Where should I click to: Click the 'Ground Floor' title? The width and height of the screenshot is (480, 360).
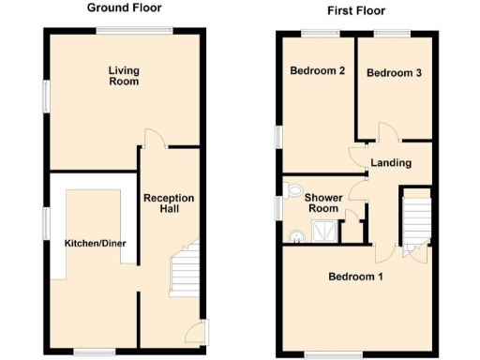[x=124, y=7]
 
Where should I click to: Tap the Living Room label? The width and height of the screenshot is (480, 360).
[x=123, y=76]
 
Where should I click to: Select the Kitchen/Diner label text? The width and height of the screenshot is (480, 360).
[x=95, y=244]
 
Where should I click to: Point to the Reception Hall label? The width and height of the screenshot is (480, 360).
[x=169, y=204]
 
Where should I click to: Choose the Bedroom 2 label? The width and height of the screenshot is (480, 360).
[x=318, y=71]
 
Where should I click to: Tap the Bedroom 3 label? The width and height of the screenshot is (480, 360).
[x=393, y=73]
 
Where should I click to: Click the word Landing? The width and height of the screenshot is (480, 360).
[x=391, y=163]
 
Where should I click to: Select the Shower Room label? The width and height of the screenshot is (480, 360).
[x=323, y=202]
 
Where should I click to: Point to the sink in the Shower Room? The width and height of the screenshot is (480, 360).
[x=296, y=236]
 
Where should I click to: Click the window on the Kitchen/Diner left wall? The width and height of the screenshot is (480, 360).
[x=44, y=226]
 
